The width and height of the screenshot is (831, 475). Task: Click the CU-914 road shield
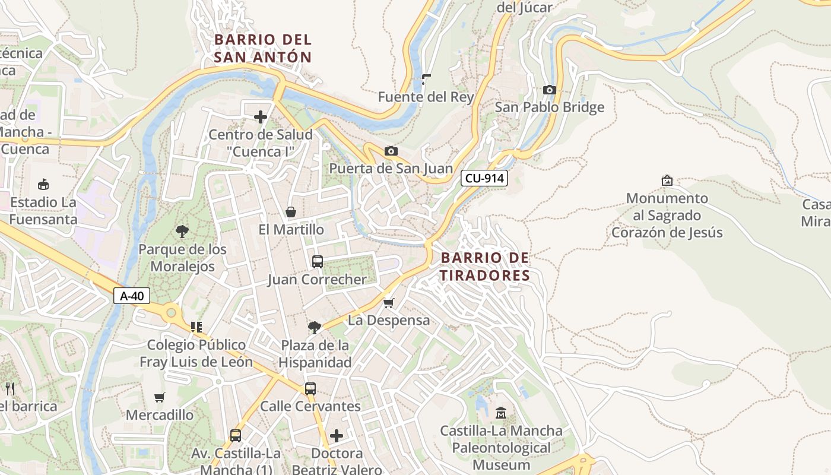(484, 178)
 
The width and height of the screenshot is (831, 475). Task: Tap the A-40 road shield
(132, 296)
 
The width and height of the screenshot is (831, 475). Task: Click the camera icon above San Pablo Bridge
(550, 90)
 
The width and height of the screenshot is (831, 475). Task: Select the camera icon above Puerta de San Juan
(391, 151)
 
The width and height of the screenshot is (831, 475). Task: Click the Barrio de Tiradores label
(484, 267)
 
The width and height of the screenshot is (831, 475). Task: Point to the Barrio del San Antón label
(262, 48)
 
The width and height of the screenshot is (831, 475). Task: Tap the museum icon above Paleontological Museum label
(501, 413)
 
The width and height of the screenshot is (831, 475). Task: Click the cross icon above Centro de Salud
(260, 117)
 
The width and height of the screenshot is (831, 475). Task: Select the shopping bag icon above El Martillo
(291, 212)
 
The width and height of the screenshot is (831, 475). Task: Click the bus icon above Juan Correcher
(317, 262)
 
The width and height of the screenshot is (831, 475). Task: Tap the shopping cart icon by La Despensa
(389, 303)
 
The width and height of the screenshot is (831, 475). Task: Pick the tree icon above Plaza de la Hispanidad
(315, 328)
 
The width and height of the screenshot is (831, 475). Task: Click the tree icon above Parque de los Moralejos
(182, 232)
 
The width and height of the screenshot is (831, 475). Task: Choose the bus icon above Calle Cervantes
(310, 389)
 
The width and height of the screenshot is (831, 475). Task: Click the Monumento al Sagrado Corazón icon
(667, 180)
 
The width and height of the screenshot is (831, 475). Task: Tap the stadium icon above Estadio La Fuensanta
(43, 185)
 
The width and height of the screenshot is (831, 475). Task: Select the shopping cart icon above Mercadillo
(159, 397)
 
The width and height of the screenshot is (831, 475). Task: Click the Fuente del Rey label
(426, 97)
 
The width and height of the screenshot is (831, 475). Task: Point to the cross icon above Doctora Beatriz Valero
(337, 436)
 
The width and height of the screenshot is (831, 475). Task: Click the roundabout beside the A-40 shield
(172, 311)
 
